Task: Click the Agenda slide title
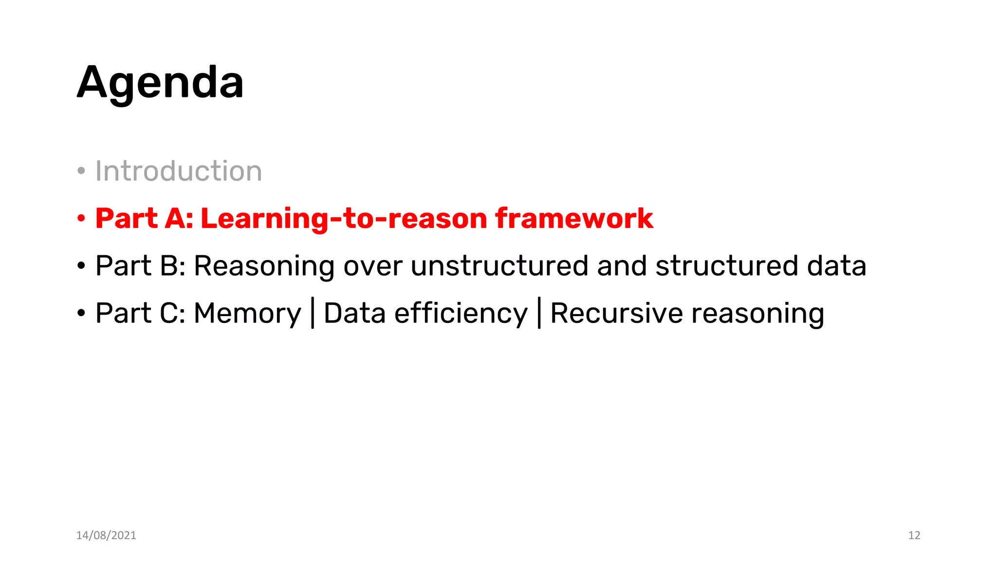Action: tap(160, 83)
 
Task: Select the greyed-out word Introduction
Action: tap(178, 171)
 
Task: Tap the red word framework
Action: tap(574, 218)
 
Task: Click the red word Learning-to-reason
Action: tap(344, 218)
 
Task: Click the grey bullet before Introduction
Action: tap(81, 171)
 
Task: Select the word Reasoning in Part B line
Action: tap(264, 267)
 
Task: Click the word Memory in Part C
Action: tap(247, 313)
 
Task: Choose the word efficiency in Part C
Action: tap(461, 313)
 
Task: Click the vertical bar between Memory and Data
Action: tap(313, 313)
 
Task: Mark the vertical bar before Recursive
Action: tap(539, 313)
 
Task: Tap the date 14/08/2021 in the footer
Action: tap(106, 535)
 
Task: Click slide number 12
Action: tap(914, 535)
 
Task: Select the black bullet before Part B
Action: tap(81, 266)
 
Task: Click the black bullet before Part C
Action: tap(81, 313)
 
